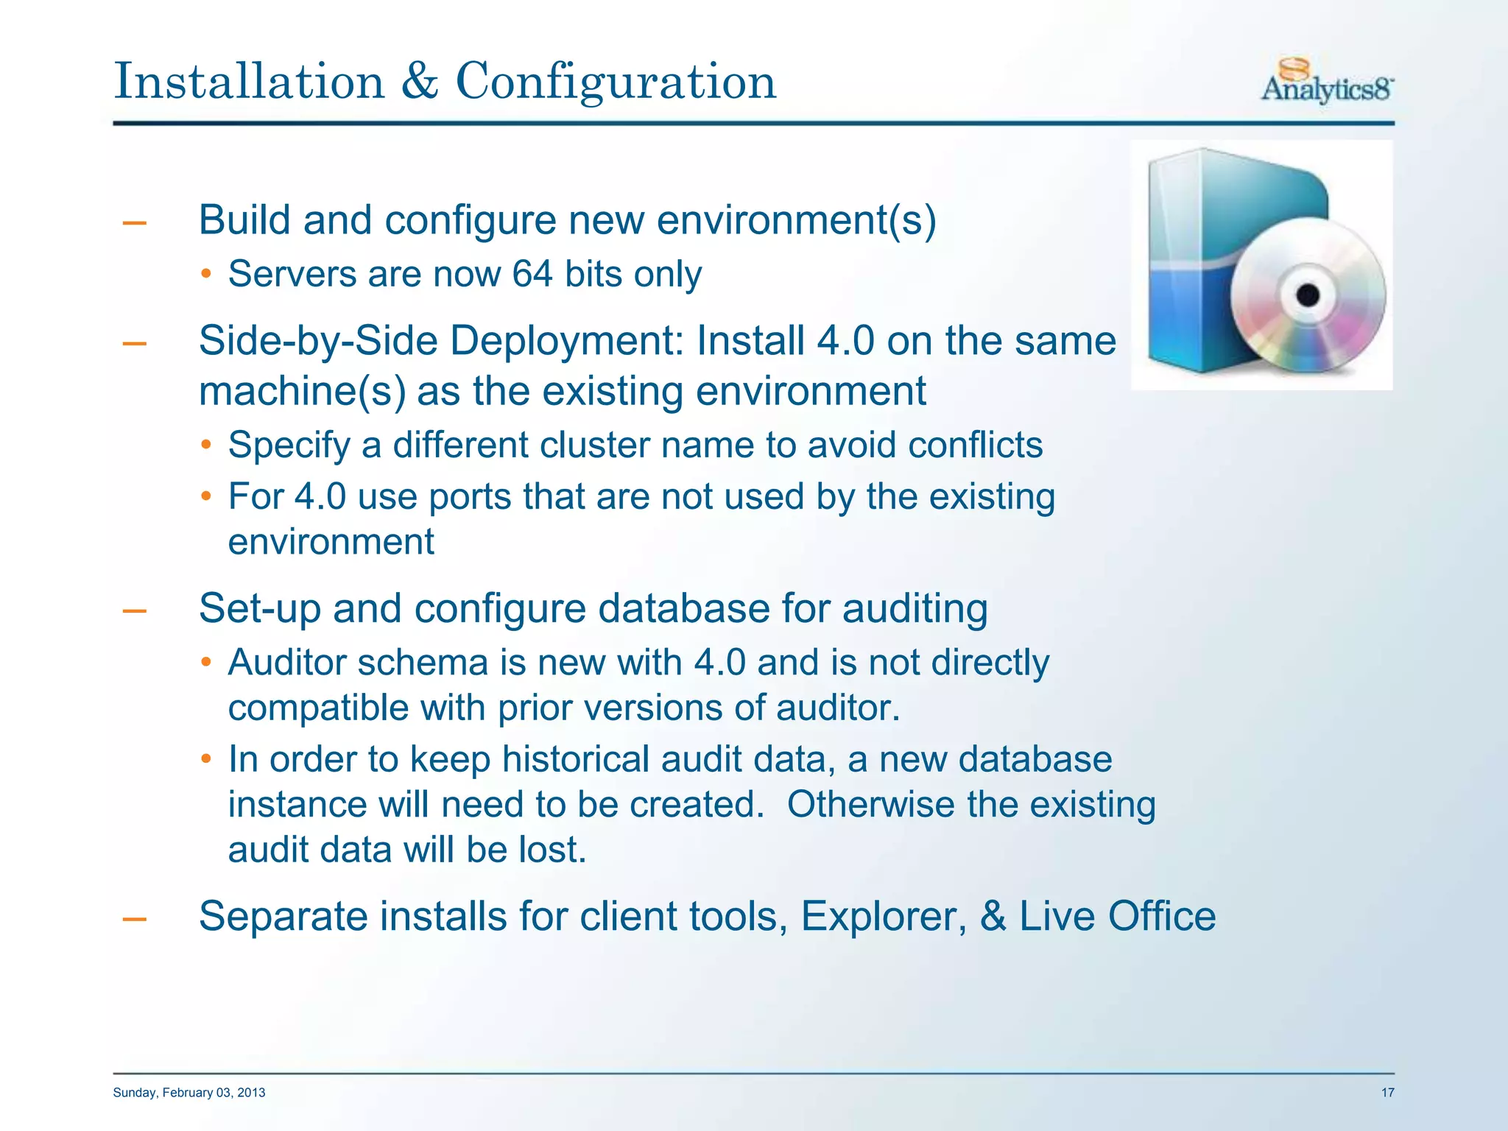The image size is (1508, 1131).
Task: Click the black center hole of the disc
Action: pyautogui.click(x=1308, y=296)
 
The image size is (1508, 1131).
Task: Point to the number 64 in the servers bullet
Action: pyautogui.click(x=532, y=274)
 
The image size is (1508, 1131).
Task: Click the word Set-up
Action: pyautogui.click(x=259, y=609)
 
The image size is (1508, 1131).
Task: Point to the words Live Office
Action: pyautogui.click(x=1117, y=917)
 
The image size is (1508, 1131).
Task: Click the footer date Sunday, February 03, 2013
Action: pyautogui.click(x=189, y=1093)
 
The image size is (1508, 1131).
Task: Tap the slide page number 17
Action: pyautogui.click(x=1387, y=1093)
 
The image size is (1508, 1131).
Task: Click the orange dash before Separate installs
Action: pyautogui.click(x=134, y=919)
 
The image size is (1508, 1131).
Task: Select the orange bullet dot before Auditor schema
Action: pyautogui.click(x=207, y=663)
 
